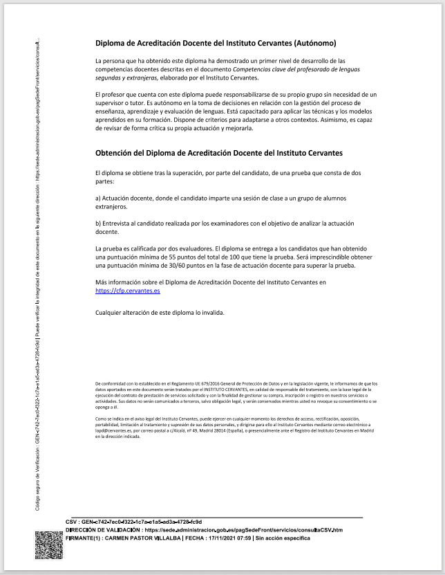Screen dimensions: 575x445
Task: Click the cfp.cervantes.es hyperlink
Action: (x=128, y=291)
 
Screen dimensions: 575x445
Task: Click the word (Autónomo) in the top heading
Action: (x=311, y=43)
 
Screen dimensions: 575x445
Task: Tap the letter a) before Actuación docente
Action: (x=99, y=198)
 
